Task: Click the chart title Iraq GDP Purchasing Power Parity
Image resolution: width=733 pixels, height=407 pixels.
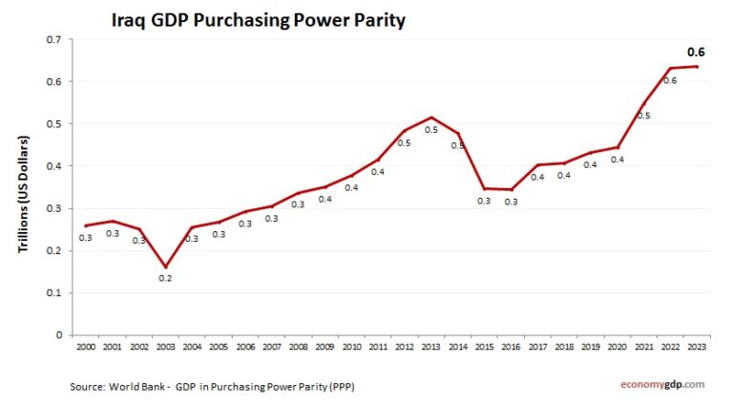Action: click(x=259, y=20)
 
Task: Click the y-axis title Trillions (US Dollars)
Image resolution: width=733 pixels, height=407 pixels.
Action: click(x=25, y=195)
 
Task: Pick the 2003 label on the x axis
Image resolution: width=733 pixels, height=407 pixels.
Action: click(x=165, y=347)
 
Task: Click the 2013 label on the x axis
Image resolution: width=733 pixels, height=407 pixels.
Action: click(x=431, y=347)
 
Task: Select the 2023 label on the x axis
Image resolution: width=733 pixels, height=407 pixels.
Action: click(x=697, y=347)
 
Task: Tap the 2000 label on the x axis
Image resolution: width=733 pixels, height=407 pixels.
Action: click(x=86, y=347)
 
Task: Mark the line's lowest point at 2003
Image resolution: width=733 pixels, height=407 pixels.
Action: click(x=165, y=268)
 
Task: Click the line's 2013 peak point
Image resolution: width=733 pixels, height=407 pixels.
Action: click(x=431, y=118)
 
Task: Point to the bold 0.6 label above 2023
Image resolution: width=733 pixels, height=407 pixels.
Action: click(x=697, y=53)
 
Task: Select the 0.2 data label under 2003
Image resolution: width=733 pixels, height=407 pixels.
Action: click(x=165, y=279)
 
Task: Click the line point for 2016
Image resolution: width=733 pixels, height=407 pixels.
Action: click(x=511, y=189)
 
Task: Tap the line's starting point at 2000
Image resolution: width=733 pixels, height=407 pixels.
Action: click(x=86, y=225)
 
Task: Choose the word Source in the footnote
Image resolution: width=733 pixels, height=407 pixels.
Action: click(x=87, y=386)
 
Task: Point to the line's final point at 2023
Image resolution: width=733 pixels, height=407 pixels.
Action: click(x=697, y=66)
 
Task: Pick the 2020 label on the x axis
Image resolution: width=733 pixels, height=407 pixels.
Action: click(x=617, y=347)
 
